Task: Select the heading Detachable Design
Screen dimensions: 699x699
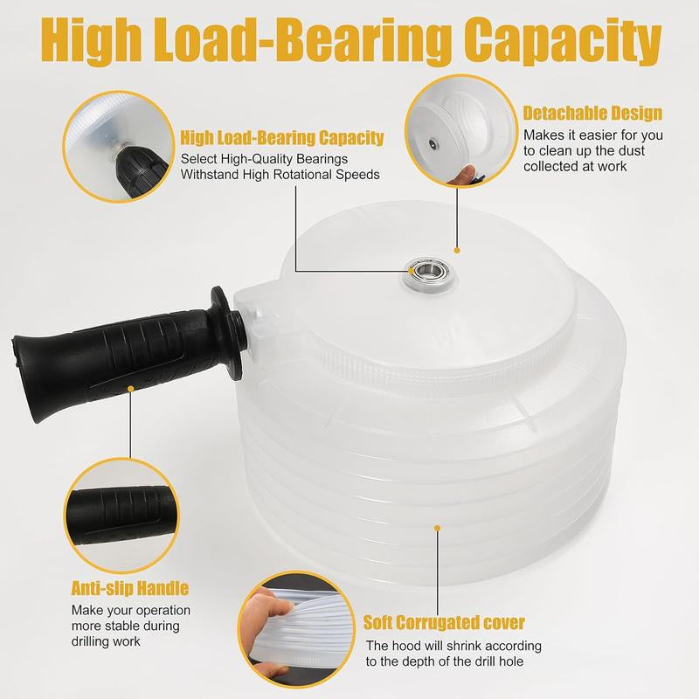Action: coord(592,114)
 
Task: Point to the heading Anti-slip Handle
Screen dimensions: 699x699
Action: coord(130,589)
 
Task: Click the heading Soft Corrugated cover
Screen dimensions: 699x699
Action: coord(444,623)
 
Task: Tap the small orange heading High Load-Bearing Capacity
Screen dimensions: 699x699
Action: coord(281,138)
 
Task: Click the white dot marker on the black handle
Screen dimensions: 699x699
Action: coord(130,387)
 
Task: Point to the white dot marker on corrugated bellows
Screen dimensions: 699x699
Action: coord(438,527)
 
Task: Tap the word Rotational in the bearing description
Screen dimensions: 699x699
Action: coord(312,174)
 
